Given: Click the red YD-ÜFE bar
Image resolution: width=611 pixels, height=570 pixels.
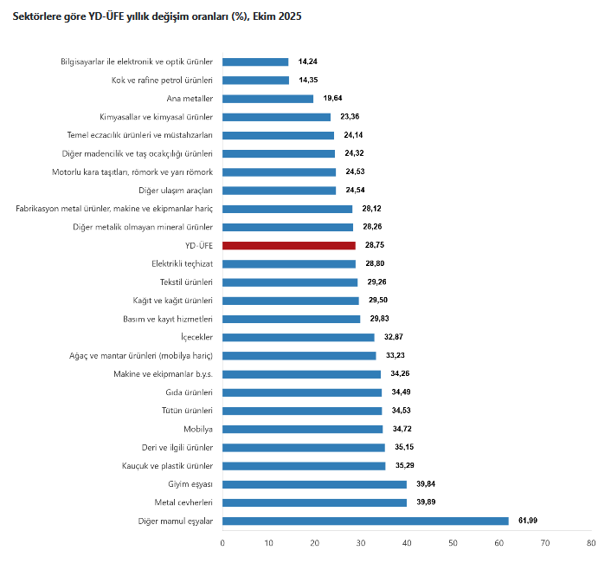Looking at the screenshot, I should tap(289, 245).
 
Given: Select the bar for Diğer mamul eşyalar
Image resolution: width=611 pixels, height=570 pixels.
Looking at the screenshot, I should tap(365, 521).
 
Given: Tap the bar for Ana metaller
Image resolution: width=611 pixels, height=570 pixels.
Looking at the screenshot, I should tap(267, 99).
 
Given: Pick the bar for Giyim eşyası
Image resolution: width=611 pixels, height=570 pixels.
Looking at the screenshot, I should tap(314, 484).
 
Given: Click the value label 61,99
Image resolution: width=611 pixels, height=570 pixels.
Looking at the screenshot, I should tap(530, 521).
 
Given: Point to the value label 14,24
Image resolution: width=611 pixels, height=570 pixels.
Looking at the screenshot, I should tap(309, 62).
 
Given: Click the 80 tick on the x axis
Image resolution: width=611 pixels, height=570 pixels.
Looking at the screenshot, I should tap(590, 543).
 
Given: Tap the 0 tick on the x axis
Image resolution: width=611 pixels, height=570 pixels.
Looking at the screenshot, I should tap(222, 543).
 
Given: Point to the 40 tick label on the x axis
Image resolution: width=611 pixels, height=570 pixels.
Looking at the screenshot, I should tap(407, 543).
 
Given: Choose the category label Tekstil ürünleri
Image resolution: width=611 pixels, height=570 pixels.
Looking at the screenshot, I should tap(186, 282).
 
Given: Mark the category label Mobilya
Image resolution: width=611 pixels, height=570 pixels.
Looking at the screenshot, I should tap(198, 429).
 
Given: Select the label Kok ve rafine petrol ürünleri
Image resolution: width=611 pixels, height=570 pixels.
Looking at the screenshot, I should tap(163, 81).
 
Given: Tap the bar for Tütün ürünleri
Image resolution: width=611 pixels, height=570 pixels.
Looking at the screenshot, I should tap(302, 411).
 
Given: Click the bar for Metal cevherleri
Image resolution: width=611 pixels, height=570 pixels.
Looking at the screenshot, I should tap(314, 502).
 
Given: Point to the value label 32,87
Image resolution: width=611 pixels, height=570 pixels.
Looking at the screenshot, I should tap(395, 337).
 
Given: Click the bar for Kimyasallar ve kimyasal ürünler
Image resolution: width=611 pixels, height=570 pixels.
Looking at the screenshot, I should tap(276, 117).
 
